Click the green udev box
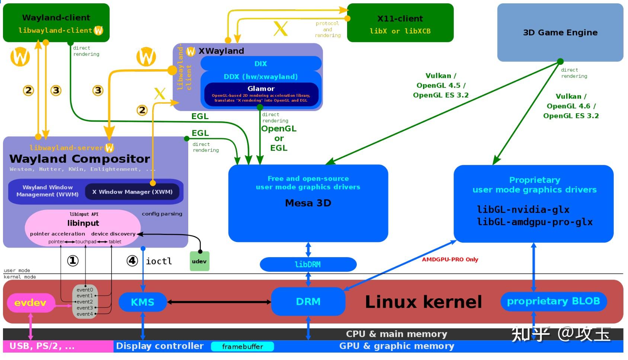click(199, 261)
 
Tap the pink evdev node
click(31, 303)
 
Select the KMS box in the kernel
click(142, 302)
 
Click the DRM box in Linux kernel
click(308, 302)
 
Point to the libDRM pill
click(308, 264)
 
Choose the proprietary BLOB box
click(553, 301)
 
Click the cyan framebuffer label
click(242, 347)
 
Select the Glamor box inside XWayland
click(261, 93)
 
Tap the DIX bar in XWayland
click(260, 64)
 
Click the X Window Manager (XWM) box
click(132, 192)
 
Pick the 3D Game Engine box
click(560, 33)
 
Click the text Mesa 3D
click(308, 203)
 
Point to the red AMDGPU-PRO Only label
click(450, 259)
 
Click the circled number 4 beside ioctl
click(132, 261)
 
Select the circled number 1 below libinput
click(73, 261)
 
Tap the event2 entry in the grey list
click(85, 302)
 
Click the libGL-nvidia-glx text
click(523, 210)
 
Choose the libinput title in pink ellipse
click(83, 223)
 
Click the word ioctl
click(159, 261)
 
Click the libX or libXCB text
click(400, 31)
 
